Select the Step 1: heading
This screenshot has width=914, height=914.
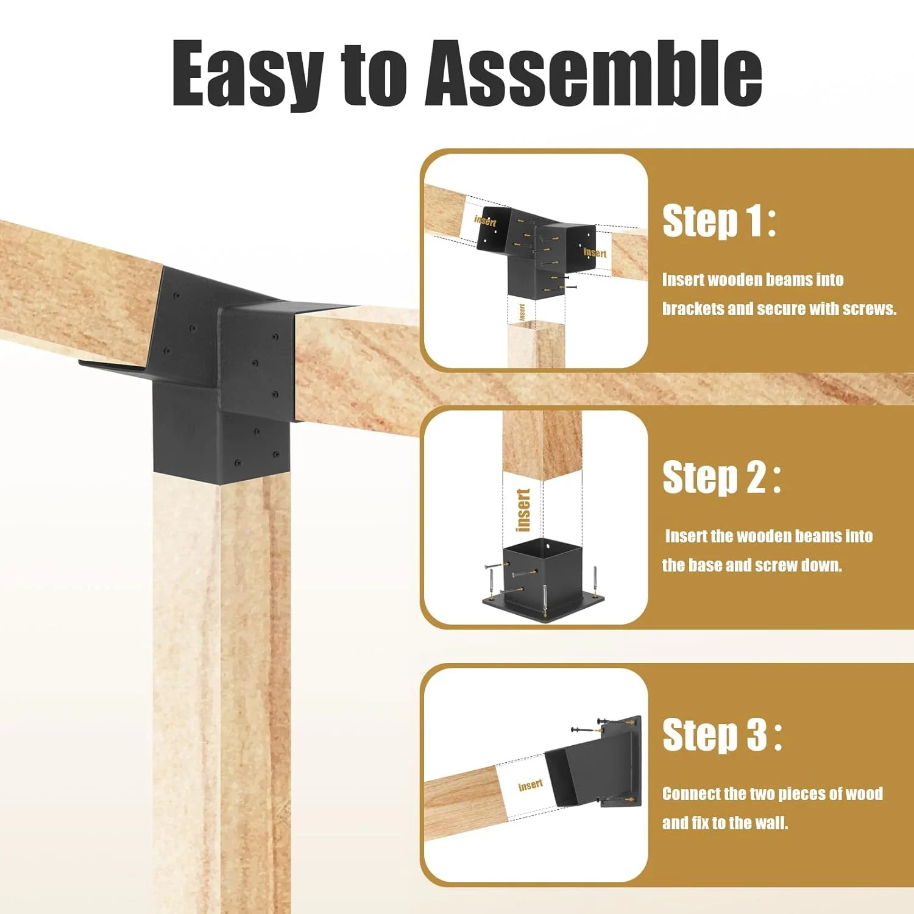click(719, 221)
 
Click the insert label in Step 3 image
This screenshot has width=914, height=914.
click(530, 785)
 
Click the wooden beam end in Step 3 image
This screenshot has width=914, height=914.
click(460, 801)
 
